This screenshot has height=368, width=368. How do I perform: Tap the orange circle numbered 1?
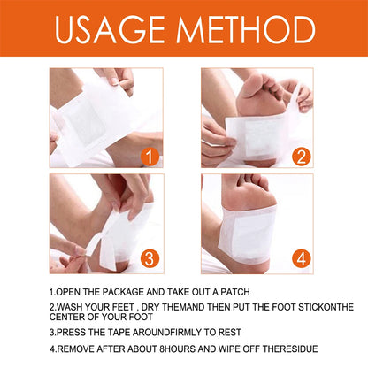click(150, 157)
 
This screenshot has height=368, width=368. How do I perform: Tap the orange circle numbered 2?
click(303, 157)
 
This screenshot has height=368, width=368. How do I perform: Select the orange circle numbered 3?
click(150, 260)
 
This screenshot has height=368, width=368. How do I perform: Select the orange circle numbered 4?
click(303, 260)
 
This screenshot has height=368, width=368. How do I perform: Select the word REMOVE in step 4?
click(81, 349)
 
